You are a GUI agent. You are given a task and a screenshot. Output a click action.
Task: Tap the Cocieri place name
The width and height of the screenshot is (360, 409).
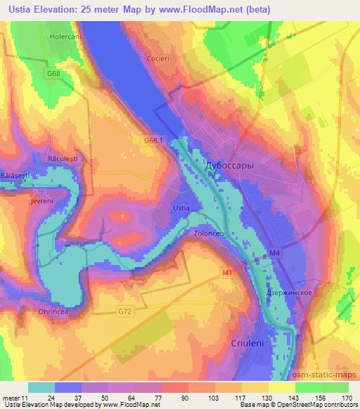point(158,58)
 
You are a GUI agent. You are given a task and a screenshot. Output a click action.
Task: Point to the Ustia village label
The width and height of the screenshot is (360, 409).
point(181,208)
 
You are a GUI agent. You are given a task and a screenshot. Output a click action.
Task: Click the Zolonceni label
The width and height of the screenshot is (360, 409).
point(209,235)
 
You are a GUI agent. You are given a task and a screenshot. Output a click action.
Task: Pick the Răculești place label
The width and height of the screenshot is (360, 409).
point(63,158)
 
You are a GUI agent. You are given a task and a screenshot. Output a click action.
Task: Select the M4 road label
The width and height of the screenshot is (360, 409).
point(276,251)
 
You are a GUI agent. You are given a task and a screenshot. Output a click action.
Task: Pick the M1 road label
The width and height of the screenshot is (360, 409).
point(226,271)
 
